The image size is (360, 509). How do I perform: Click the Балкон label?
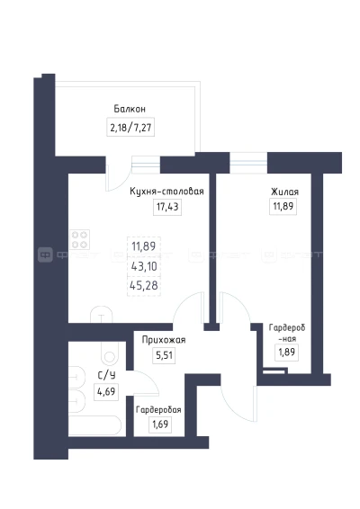coord(130,109)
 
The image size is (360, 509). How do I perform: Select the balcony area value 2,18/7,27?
coord(130,127)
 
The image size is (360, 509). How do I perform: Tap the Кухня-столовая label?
coord(166,192)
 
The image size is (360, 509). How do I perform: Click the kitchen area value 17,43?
coord(167,207)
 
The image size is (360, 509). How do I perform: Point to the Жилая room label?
coord(284,192)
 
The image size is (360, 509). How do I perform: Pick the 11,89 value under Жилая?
coord(283,206)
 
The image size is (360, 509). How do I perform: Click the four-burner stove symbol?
coord(79,239)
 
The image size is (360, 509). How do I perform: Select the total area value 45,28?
coord(144,285)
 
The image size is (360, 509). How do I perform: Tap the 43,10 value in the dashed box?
coord(144,266)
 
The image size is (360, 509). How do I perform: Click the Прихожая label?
coord(164,340)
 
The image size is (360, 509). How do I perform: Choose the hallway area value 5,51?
coord(164,355)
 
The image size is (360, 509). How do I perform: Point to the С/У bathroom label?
coord(106,376)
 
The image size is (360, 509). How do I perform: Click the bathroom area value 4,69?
coord(106,391)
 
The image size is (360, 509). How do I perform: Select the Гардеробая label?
coord(158,410)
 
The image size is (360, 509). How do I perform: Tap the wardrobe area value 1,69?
coord(160,424)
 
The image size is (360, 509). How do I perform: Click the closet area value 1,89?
coord(286,352)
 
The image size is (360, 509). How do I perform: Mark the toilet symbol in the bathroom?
coord(110,354)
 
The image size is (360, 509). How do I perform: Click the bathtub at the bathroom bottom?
coord(94,425)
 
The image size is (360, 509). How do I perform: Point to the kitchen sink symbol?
coord(102,315)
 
